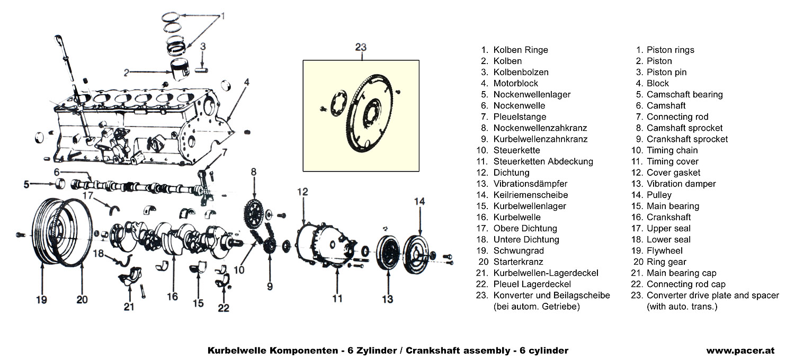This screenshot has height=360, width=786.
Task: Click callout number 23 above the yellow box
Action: (x=361, y=48)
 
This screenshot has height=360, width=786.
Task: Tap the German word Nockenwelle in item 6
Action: (x=519, y=105)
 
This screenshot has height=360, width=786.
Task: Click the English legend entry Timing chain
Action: (x=672, y=150)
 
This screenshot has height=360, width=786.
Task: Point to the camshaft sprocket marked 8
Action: (x=254, y=213)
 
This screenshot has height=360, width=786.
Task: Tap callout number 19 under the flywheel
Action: (x=41, y=300)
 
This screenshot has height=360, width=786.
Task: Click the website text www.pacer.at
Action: (x=740, y=350)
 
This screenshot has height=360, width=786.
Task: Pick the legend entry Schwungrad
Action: (x=511, y=250)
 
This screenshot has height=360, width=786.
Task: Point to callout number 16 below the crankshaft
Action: (x=172, y=296)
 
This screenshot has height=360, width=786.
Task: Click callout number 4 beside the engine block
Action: (x=247, y=82)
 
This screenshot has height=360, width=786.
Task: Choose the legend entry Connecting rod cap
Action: (x=686, y=284)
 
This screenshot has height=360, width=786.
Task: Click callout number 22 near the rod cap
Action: (x=224, y=308)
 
